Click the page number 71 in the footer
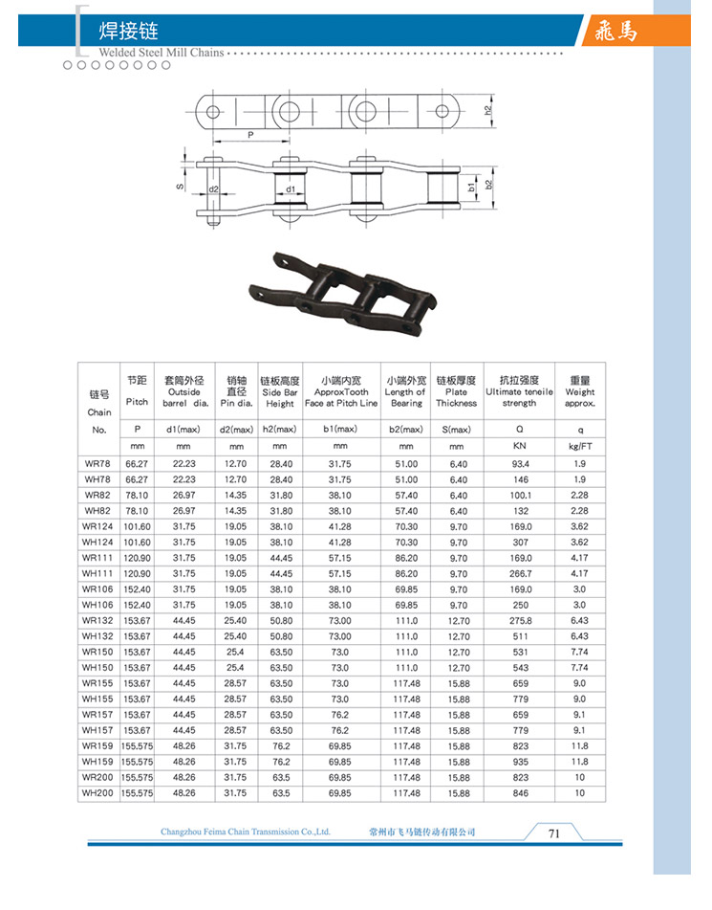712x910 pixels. click(x=553, y=832)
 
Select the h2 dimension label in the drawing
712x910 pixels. click(x=487, y=110)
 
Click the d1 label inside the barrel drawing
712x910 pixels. click(x=289, y=189)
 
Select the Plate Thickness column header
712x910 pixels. click(x=456, y=397)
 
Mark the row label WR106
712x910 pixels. click(x=97, y=589)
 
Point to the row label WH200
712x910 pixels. click(x=97, y=793)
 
